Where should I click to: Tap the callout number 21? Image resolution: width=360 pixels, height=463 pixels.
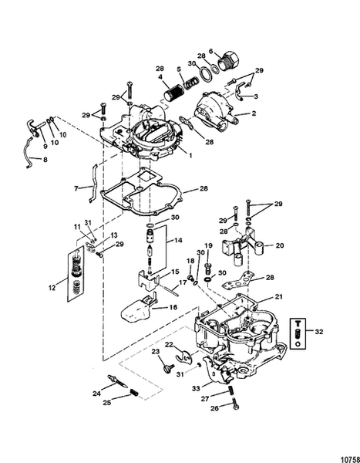[x=279, y=296]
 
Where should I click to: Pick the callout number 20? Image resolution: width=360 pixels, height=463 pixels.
[x=280, y=247]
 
